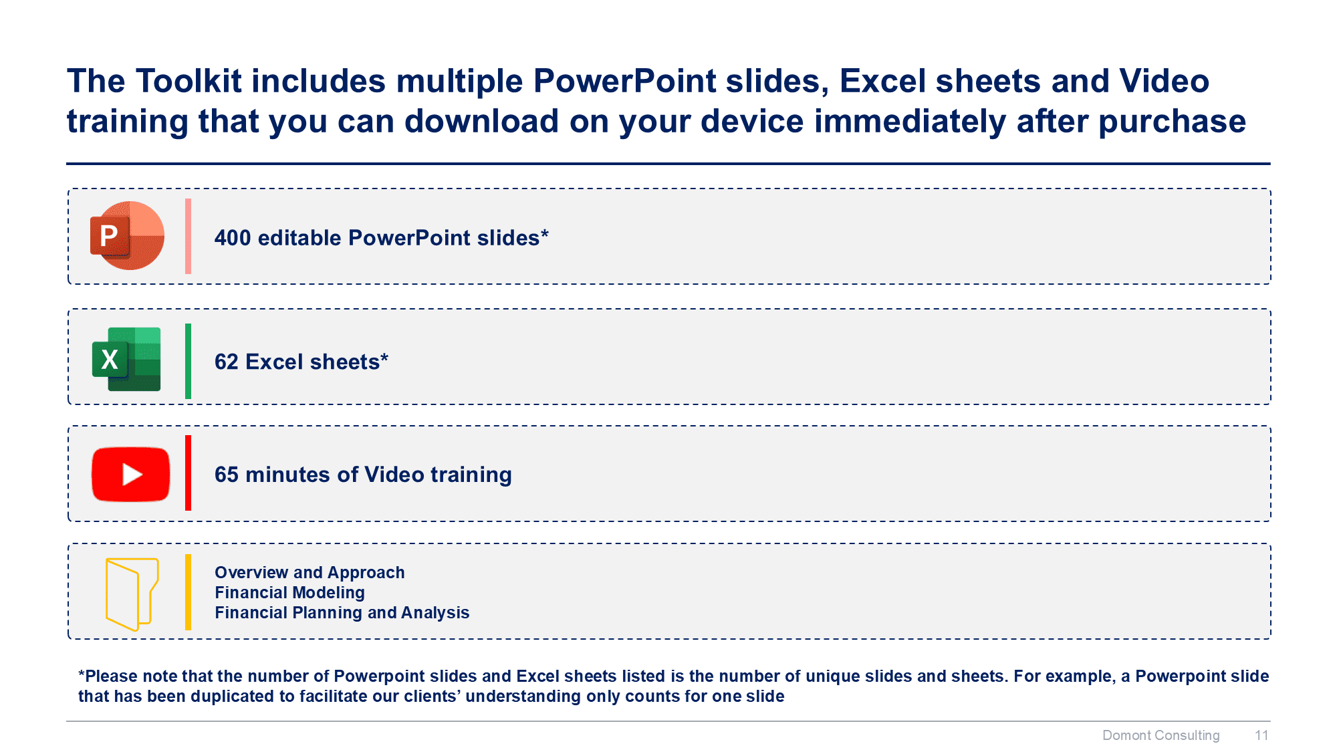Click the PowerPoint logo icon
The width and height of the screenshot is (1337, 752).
[x=127, y=236]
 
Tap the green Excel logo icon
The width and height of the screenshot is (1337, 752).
[x=126, y=359]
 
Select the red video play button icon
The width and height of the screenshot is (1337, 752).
[x=131, y=474]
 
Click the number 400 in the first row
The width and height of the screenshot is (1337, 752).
[x=233, y=238]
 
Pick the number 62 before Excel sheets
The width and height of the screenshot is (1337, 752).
[x=227, y=362]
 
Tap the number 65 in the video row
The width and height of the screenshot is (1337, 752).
[x=227, y=475]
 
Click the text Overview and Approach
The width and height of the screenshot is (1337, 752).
[x=310, y=573]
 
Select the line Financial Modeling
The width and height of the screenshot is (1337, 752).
[x=289, y=593]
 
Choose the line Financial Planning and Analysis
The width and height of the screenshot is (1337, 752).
[x=342, y=613]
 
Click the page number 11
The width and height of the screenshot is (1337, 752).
[x=1261, y=735]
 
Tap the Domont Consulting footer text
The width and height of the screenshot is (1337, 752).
[x=1161, y=735]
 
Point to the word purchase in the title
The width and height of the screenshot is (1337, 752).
[x=1173, y=122]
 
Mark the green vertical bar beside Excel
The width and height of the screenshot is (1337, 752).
[x=189, y=361]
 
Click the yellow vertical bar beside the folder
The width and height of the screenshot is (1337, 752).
[x=189, y=592]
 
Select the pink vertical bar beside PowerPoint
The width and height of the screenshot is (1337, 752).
[x=189, y=236]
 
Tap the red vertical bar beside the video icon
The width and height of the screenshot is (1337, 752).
[x=189, y=473]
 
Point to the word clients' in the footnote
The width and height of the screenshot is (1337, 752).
[x=432, y=697]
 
